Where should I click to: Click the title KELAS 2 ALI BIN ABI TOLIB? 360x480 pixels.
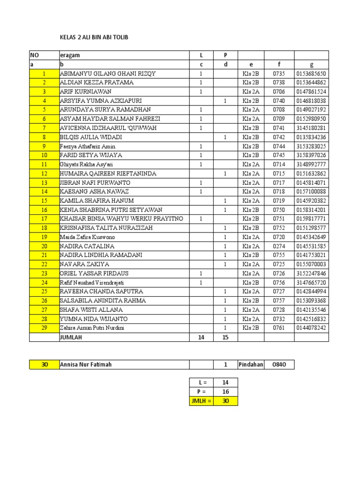coord(94,37)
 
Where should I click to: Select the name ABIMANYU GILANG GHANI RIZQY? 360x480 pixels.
coord(108,74)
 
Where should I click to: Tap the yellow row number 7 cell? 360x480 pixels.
coord(45,128)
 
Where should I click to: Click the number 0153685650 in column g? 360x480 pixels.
coord(311,74)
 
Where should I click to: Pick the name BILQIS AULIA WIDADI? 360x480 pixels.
coord(91,137)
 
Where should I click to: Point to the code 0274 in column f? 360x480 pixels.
coord(279,246)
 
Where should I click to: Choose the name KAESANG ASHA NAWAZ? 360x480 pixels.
coord(94,192)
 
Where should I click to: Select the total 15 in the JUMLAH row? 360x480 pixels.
coord(225,337)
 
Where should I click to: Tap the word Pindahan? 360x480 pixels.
coord(251,364)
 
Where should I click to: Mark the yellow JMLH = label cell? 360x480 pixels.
coord(202,401)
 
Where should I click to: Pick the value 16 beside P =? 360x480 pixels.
coord(225,392)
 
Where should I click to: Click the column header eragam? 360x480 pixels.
coord(70,55)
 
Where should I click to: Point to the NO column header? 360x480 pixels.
coord(36,55)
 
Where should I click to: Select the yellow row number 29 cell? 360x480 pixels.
coord(45,328)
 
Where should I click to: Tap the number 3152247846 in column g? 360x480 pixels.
coord(311,273)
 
